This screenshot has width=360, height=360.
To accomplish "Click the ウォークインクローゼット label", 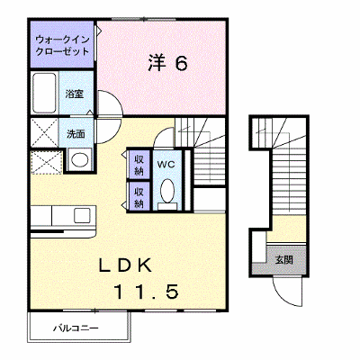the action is coord(62,46).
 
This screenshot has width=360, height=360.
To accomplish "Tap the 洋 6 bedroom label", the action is coord(168,63).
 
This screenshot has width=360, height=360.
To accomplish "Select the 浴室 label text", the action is coord(75,94).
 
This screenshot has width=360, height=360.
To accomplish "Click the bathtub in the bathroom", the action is coord(44,93).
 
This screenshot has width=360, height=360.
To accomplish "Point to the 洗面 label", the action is coord(76,134).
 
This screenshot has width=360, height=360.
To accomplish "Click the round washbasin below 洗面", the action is coord(79,160).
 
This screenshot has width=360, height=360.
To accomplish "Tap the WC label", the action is coord(166,165).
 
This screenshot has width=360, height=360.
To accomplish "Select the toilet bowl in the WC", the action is coord(167,191).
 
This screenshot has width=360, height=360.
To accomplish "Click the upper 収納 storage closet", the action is coord(139,165).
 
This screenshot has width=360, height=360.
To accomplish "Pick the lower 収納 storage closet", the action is coord(139,196).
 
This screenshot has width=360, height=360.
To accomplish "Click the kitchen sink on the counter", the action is coord(82,215).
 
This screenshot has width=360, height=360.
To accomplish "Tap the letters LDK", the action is coord(126,265).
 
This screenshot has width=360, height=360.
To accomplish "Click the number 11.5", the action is coord(147,292).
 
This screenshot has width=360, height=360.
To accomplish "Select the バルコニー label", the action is coord(76,328).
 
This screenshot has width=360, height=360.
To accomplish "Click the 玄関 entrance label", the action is coord(283,260).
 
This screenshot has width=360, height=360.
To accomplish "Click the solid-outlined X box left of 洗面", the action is coord(44,132).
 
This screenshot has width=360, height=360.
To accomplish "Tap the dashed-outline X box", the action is coord(47,162).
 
